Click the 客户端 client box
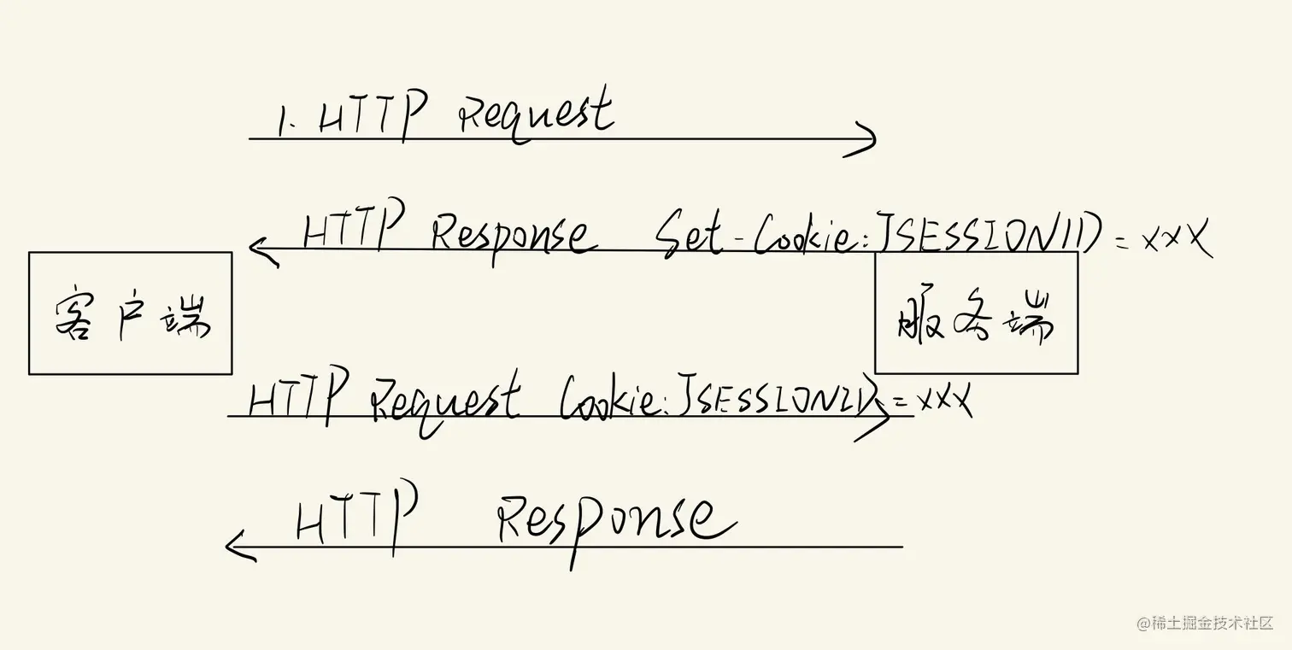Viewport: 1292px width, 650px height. [130, 313]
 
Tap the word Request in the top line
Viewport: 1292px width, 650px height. [537, 118]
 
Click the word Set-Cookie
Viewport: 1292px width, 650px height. [752, 231]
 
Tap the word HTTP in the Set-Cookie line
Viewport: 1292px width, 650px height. [352, 228]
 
